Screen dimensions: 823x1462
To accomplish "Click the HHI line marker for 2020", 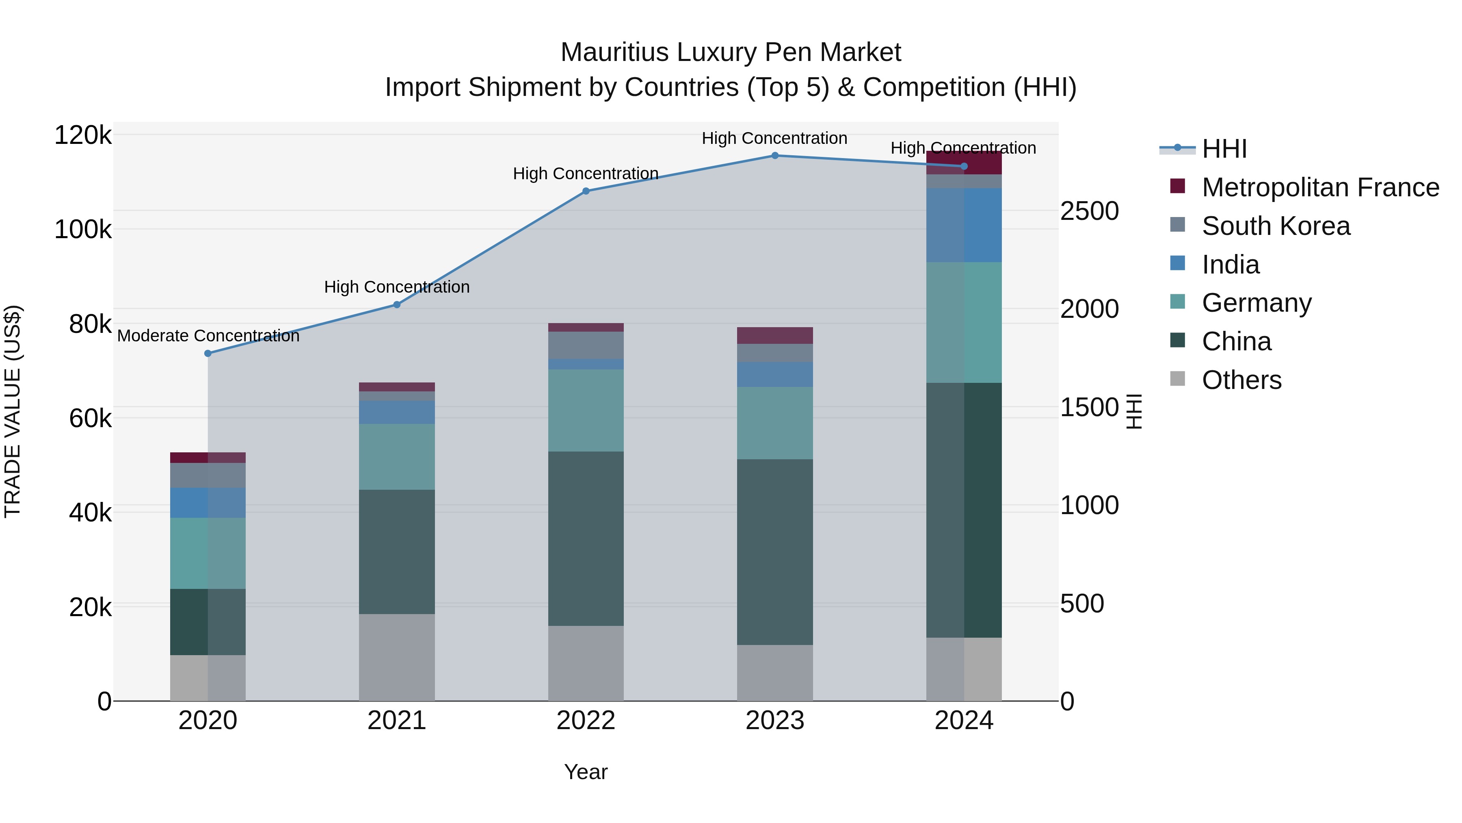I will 208,353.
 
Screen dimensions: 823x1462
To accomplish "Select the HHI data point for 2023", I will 775,156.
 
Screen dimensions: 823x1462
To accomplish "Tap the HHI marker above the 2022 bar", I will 586,191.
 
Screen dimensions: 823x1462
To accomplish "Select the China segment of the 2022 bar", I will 586,539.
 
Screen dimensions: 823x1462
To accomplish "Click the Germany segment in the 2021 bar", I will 397,457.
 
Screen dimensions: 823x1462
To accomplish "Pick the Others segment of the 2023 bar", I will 775,673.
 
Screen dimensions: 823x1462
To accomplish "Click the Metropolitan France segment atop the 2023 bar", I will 775,335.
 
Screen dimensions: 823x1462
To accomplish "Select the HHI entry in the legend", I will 1224,149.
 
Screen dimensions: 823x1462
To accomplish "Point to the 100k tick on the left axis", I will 83,230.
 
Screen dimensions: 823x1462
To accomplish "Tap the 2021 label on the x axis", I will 397,721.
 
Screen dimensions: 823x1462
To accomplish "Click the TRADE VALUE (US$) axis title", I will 13,411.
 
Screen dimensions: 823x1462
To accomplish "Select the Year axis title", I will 586,772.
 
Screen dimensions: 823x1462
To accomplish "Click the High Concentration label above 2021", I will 397,287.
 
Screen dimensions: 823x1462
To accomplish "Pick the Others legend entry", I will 1241,380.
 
